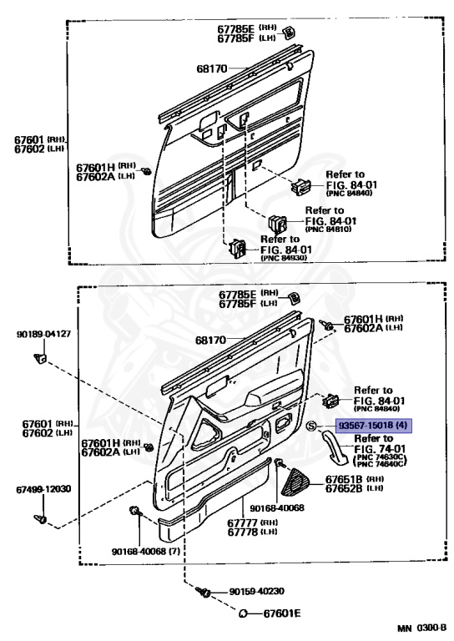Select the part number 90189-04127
pos(43,334)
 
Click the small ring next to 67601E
pos(243,613)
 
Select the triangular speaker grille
pos(297,482)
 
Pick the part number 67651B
pos(344,479)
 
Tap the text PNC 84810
pos(328,228)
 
